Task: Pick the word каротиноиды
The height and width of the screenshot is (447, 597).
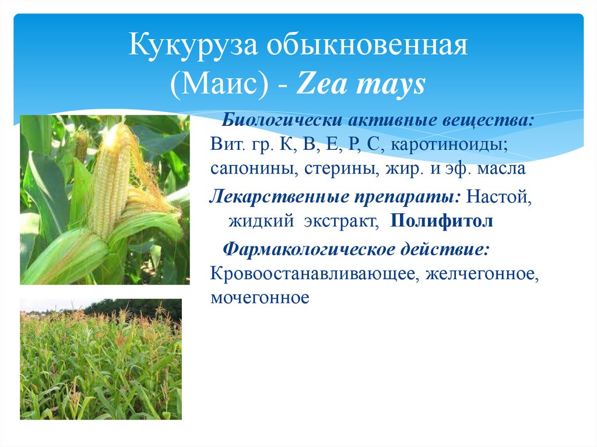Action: [449, 145]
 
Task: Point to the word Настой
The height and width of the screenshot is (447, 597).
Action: [499, 197]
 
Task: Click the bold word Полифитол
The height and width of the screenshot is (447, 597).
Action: [442, 221]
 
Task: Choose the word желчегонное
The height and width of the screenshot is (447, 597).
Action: [482, 274]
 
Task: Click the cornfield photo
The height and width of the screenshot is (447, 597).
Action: [101, 359]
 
